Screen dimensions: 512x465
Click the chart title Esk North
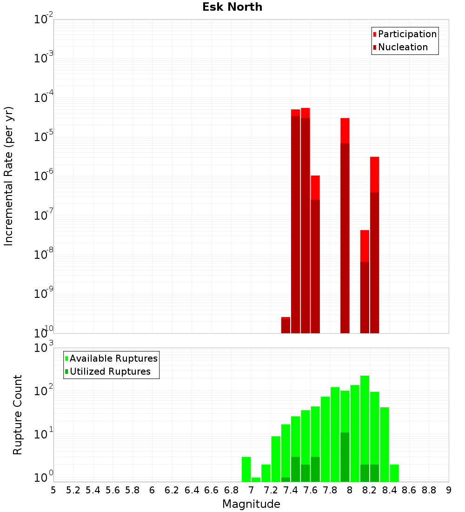(232, 7)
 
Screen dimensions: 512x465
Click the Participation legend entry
(407, 34)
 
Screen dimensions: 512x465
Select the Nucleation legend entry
(403, 47)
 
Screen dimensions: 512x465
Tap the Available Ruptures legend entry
(113, 358)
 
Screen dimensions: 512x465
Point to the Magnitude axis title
(251, 504)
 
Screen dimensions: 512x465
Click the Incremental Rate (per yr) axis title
(9, 176)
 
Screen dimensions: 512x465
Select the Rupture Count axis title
(18, 414)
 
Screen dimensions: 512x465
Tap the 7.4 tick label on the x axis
(291, 490)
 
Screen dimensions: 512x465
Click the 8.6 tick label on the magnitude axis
(409, 490)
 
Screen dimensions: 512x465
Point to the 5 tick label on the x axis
(53, 490)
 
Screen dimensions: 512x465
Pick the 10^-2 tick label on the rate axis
(44, 20)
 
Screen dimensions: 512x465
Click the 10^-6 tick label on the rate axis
(44, 176)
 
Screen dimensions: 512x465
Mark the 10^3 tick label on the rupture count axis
(44, 348)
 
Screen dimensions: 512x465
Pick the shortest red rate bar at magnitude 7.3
(286, 325)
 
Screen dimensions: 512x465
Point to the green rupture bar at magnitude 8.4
(394, 473)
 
